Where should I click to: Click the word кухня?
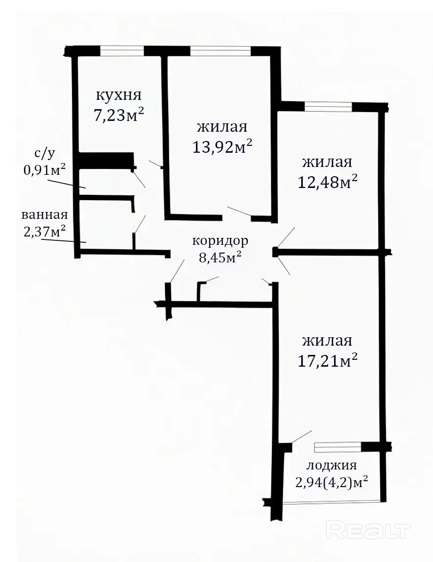click(x=119, y=95)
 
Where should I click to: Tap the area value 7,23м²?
click(x=119, y=115)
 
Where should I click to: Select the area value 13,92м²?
click(x=222, y=146)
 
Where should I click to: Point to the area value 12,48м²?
click(x=328, y=182)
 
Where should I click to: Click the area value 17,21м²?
click(x=328, y=360)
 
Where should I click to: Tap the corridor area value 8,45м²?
click(x=219, y=257)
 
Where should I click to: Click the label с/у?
click(x=45, y=153)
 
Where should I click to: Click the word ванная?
click(x=45, y=215)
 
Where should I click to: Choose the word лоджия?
click(x=332, y=466)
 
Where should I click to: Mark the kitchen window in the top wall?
click(x=122, y=51)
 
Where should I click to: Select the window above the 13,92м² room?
click(x=220, y=51)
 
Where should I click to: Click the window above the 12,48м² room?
click(x=329, y=107)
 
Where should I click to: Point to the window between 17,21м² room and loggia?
click(x=337, y=447)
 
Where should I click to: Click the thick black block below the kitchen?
click(x=106, y=160)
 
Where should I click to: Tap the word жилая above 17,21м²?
click(x=327, y=341)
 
